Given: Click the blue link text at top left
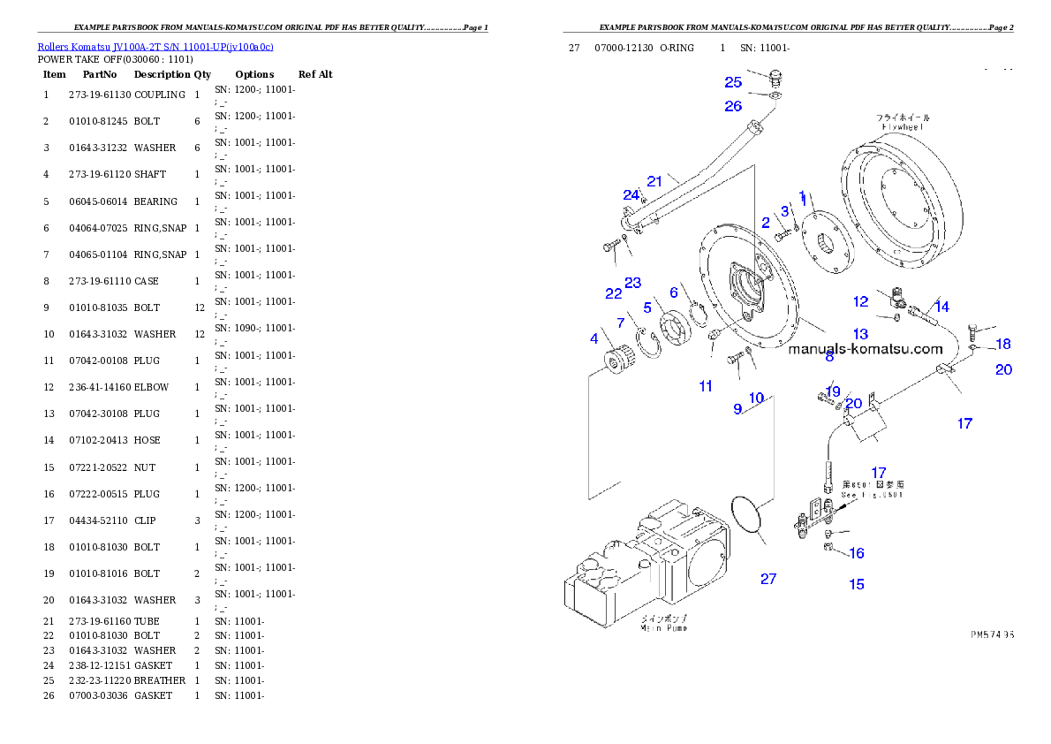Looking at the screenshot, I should pyautogui.click(x=155, y=46).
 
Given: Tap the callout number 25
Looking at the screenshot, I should pyautogui.click(x=733, y=82).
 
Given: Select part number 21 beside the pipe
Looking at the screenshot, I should pyautogui.click(x=654, y=181).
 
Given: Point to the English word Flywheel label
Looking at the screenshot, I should pyautogui.click(x=903, y=127).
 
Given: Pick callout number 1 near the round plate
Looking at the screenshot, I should pyautogui.click(x=802, y=195).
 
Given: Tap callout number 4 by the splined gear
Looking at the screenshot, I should pyautogui.click(x=594, y=338).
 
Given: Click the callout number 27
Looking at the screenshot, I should pyautogui.click(x=768, y=579).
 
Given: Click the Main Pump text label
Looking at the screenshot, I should pyautogui.click(x=663, y=627).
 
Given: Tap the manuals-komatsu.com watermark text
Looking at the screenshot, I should pyautogui.click(x=866, y=349).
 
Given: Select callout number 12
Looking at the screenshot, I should pyautogui.click(x=861, y=301).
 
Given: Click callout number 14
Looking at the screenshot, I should pyautogui.click(x=942, y=307).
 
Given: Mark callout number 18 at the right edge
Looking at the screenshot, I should pyautogui.click(x=1003, y=344).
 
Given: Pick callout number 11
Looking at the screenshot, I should pyautogui.click(x=706, y=386).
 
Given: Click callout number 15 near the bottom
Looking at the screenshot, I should pyautogui.click(x=857, y=584).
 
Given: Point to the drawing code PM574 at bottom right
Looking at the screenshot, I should pyautogui.click(x=992, y=634).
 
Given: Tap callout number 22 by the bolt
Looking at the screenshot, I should pyautogui.click(x=614, y=293).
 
